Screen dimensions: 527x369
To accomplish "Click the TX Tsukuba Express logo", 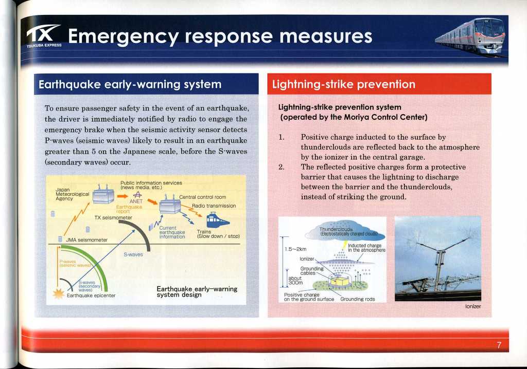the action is point(44,35).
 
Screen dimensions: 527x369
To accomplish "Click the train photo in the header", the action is point(470,36).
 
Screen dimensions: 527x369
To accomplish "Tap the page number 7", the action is point(499,345).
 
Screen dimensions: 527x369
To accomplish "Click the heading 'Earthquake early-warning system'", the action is point(130,84).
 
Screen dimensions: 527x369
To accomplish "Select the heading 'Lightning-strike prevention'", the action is point(343,84).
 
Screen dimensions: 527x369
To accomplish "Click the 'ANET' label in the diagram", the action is point(136,201).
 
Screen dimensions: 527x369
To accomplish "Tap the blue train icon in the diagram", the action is point(217,220).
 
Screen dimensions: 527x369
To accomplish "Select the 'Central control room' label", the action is point(202,197).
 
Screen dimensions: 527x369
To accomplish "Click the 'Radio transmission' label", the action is point(214,206).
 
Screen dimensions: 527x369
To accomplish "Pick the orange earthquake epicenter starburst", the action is point(59,293).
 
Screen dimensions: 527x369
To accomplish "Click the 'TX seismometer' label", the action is point(113,217).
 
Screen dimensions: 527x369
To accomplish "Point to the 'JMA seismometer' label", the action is point(86,240).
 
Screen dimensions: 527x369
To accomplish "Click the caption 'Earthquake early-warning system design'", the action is point(197,292).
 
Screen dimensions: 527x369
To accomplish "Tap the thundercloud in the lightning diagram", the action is point(344,231).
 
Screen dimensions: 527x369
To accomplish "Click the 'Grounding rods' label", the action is point(357,299).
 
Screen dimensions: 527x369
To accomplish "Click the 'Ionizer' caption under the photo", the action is point(473,306).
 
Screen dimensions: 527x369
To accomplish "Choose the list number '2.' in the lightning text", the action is point(282,167).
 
